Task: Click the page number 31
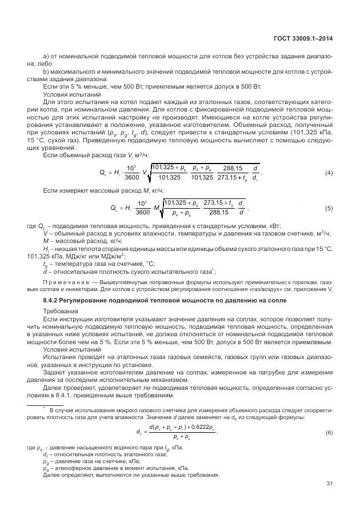click(x=329, y=484)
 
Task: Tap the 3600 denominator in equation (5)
click(x=143, y=213)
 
